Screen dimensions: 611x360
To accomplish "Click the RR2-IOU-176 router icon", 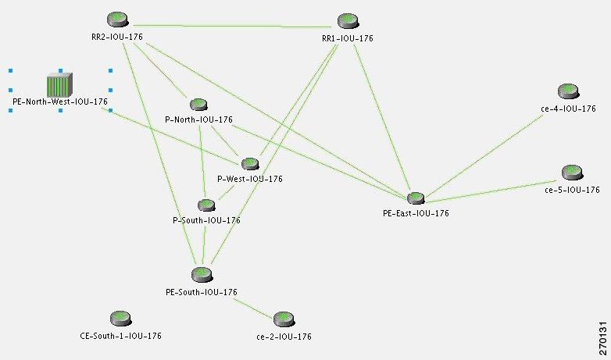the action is coord(118,19).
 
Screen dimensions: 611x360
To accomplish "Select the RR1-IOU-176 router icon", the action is coord(348,21).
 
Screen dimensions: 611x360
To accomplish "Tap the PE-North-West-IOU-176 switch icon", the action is coord(59,84).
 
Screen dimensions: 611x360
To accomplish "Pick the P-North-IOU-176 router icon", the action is coord(198,105).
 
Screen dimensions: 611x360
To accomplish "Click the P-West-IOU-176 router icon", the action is coord(250,164).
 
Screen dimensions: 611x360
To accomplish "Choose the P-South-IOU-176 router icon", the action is coord(206,205).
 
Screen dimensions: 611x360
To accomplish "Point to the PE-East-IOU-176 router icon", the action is coord(416,198).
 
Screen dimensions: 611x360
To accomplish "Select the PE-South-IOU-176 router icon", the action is coord(202,275).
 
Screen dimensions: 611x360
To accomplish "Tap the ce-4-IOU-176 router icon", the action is coord(568,91).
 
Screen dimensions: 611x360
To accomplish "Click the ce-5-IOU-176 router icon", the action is coord(572,173).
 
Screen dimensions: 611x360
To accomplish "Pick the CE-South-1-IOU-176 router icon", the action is coord(121,319).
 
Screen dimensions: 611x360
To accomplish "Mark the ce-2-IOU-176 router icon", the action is coord(284,319).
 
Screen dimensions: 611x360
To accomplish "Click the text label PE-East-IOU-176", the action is coord(416,213).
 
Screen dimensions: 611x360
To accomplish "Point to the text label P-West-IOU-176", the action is coord(250,179).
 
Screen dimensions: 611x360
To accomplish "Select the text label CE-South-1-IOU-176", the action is coord(120,336).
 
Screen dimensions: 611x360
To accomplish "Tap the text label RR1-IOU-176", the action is coord(348,38).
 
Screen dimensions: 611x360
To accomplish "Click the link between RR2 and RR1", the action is coord(233,26).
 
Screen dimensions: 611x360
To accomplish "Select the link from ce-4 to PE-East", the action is coord(484,156).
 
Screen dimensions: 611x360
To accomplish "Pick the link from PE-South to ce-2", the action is coord(254,309).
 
